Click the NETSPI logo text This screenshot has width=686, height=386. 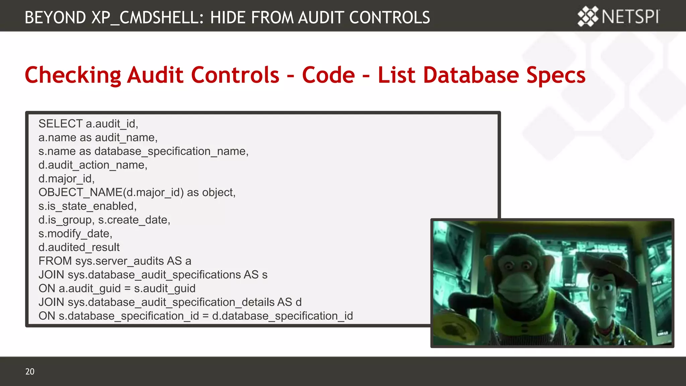coord(630,16)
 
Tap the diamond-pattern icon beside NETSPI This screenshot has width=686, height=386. coord(588,16)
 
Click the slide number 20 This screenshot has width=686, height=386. coord(30,371)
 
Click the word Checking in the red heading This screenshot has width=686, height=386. coord(73,75)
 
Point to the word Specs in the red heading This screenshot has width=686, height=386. coord(556,75)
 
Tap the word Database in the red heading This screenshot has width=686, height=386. coord(471,75)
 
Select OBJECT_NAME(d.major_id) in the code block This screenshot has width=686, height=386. coord(111,192)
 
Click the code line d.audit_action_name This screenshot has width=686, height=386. coord(92,165)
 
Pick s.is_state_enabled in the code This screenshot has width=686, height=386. coord(87,206)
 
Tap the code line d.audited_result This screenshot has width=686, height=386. coord(79,247)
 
